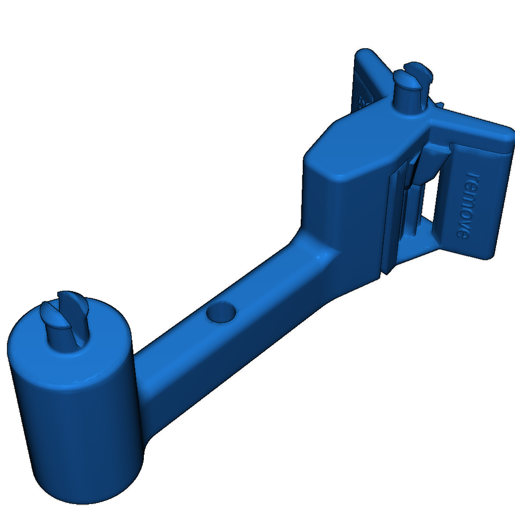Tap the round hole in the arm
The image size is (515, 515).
tap(221, 312)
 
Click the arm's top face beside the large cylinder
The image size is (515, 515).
tap(161, 352)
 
